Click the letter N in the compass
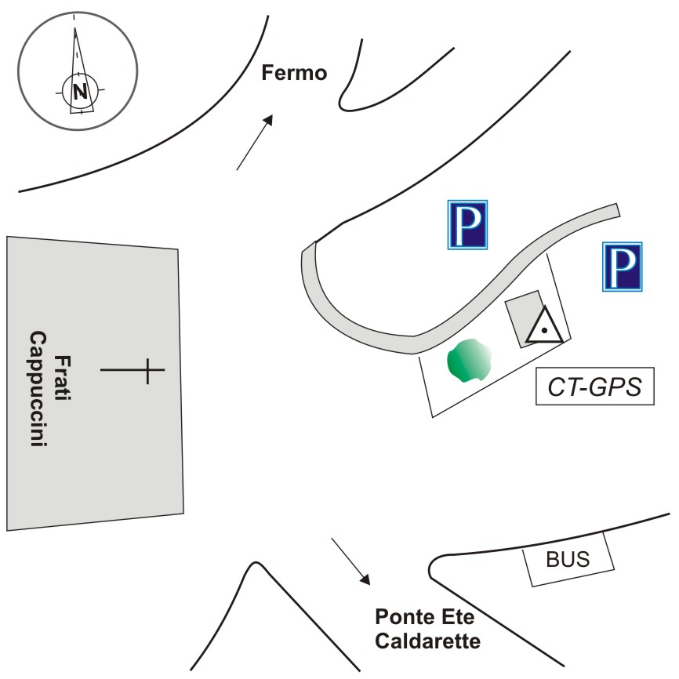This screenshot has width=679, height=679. click(x=80, y=92)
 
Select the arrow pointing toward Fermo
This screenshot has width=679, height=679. click(x=255, y=142)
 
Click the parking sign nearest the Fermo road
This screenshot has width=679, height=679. click(x=467, y=225)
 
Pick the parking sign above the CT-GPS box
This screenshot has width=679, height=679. click(x=623, y=267)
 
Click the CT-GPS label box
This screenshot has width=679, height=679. click(x=595, y=387)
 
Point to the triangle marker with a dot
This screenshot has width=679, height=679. click(x=543, y=327)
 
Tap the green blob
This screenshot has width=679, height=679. click(x=468, y=360)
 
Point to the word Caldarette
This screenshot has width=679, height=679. click(x=427, y=641)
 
